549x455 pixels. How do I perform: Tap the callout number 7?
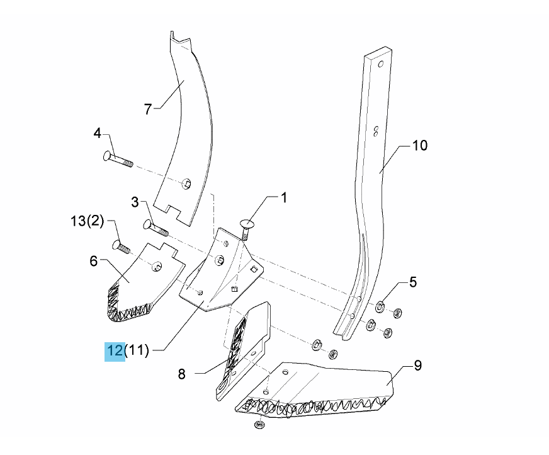pyautogui.click(x=148, y=110)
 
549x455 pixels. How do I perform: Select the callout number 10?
pyautogui.click(x=420, y=146)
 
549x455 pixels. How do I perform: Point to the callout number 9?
pyautogui.click(x=418, y=366)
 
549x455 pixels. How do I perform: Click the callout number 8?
pyautogui.click(x=181, y=374)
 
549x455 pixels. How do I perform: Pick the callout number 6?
pyautogui.click(x=93, y=261)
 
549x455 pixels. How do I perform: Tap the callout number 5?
pyautogui.click(x=413, y=282)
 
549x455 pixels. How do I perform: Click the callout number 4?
pyautogui.click(x=98, y=133)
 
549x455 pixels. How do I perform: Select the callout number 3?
pyautogui.click(x=135, y=202)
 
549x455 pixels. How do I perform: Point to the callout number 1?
pyautogui.click(x=284, y=198)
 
